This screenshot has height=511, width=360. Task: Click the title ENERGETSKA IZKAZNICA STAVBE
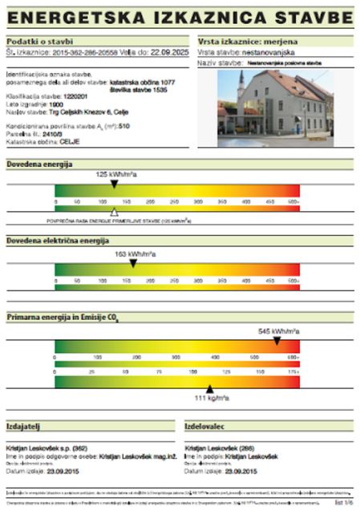click(180, 17)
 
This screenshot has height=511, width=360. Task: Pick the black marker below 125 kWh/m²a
click(114, 184)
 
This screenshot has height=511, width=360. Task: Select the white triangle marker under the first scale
click(114, 213)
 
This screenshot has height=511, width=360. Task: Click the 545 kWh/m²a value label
click(278, 331)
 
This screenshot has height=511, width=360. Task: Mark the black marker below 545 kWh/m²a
click(277, 340)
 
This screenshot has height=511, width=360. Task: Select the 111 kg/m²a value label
click(212, 398)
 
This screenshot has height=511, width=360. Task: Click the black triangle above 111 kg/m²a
click(210, 388)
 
